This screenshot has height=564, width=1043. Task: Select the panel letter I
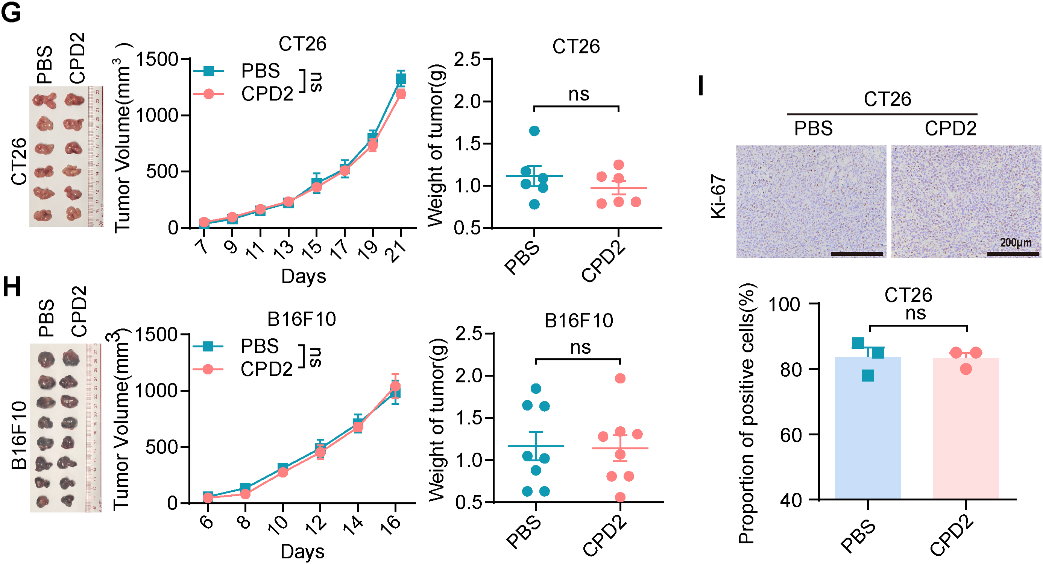[701, 86]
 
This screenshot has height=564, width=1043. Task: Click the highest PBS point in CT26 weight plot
[534, 131]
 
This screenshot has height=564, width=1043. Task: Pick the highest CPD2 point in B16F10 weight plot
[620, 379]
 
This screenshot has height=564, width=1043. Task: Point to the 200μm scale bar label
[1015, 243]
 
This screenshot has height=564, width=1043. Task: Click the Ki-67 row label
[719, 197]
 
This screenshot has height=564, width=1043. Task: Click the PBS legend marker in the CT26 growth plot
[208, 71]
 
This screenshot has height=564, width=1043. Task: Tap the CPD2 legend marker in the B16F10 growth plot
[208, 369]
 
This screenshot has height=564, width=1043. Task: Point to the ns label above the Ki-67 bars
[915, 313]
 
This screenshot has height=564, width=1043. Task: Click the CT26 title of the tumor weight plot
[576, 47]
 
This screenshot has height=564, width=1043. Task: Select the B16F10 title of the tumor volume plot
[302, 319]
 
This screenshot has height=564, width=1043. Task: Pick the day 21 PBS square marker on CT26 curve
[401, 79]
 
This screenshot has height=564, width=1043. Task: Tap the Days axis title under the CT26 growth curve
[303, 277]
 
